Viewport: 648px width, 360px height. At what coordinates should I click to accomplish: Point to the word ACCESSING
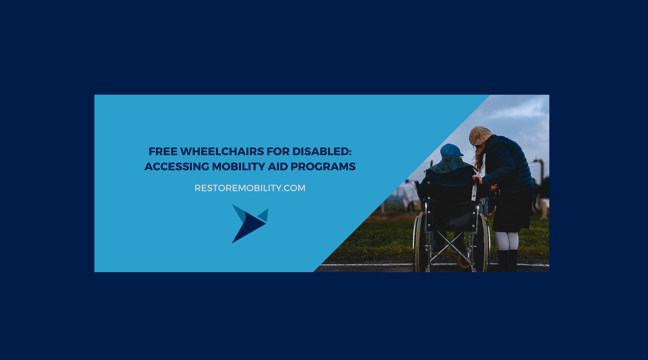(176, 167)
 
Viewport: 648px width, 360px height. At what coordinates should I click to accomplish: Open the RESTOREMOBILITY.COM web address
(250, 188)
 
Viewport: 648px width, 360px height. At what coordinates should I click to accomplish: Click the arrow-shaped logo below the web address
(249, 223)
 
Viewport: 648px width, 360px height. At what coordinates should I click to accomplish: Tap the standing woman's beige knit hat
(480, 135)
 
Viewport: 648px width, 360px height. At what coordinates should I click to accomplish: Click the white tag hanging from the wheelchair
(474, 193)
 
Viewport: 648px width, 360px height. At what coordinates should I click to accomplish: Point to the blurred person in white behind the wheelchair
(410, 194)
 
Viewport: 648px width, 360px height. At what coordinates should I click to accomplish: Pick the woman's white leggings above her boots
(507, 240)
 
